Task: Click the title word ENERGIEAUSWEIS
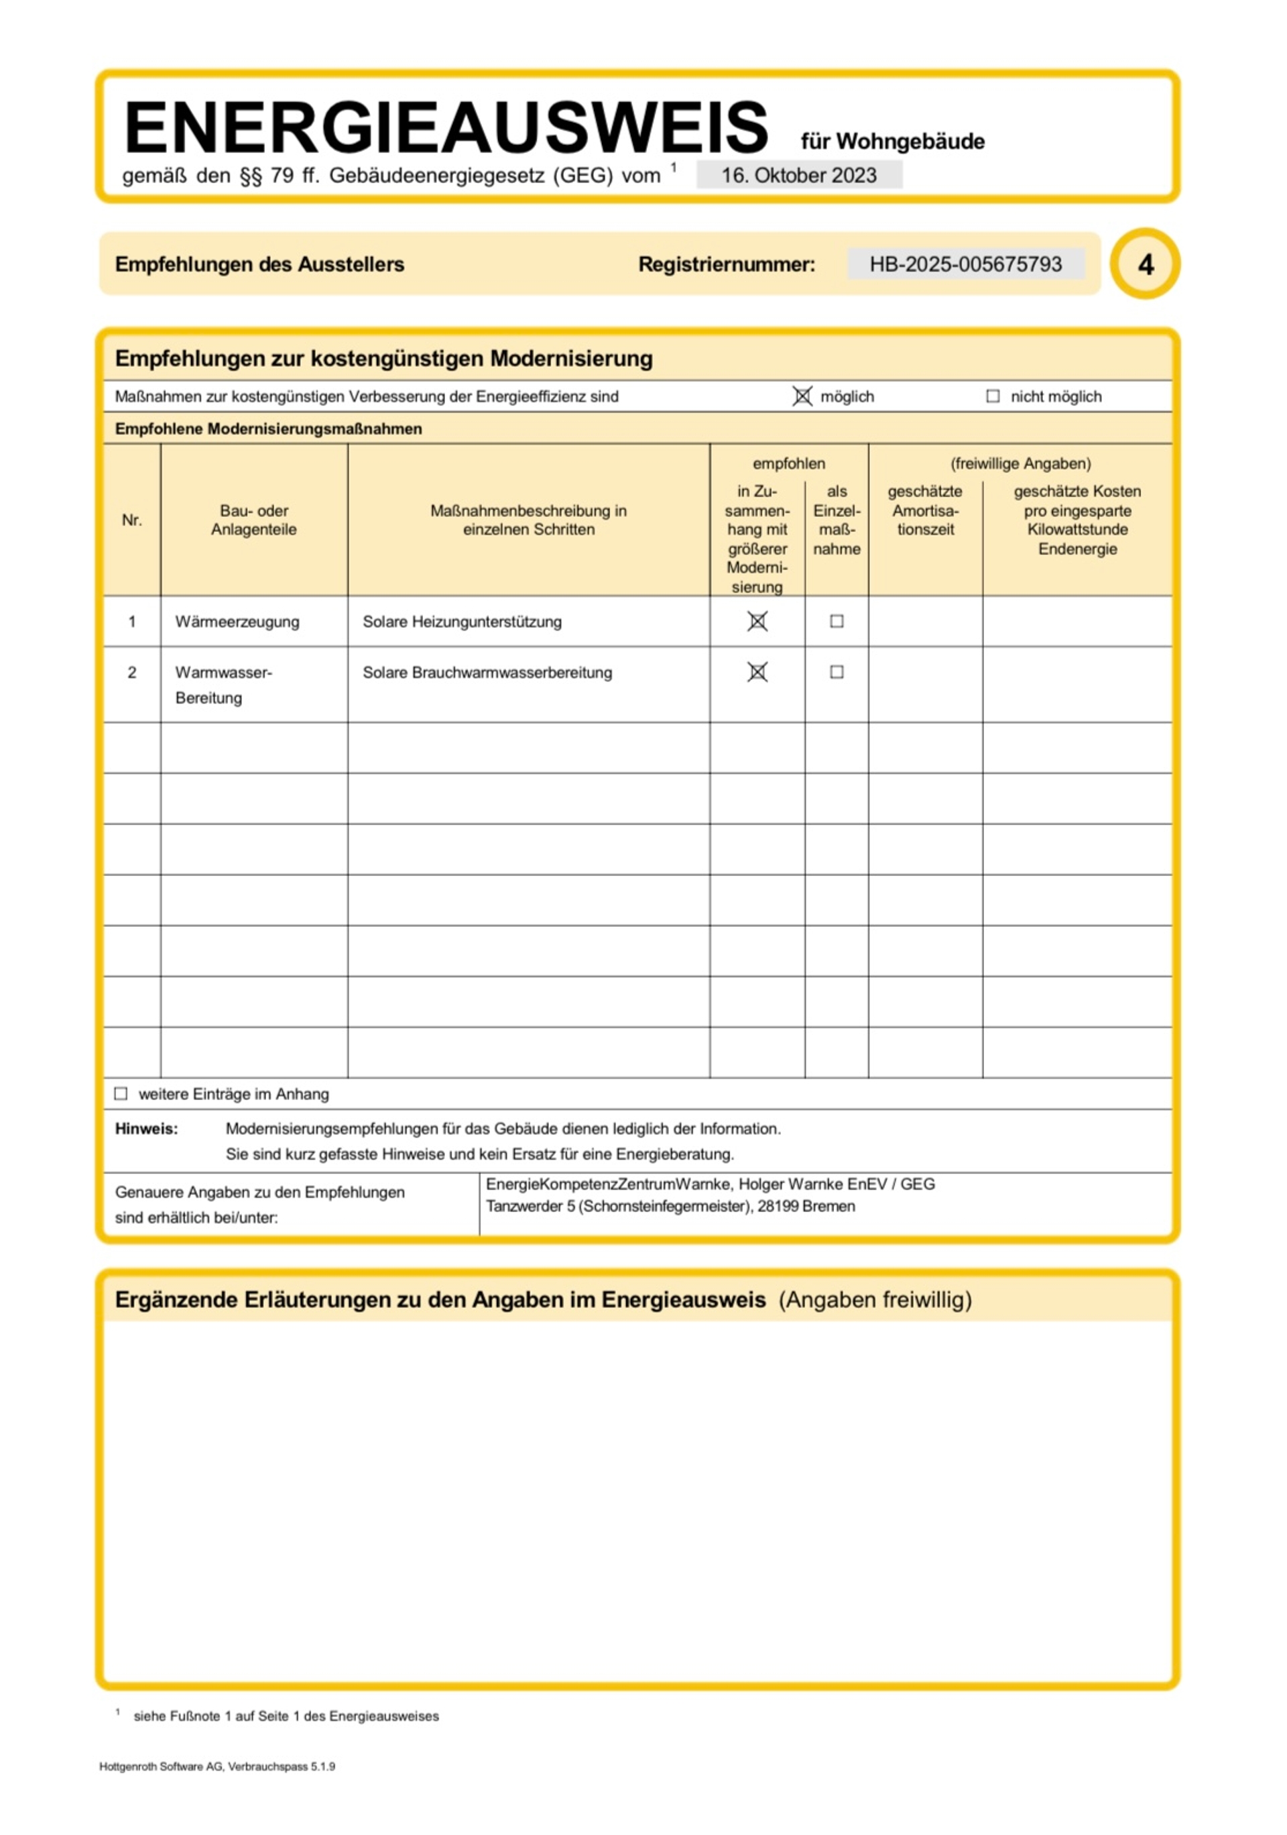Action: (x=445, y=128)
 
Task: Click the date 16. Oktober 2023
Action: (x=798, y=175)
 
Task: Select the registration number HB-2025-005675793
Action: (x=965, y=264)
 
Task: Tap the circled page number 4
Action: (x=1145, y=264)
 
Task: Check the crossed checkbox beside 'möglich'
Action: (x=802, y=396)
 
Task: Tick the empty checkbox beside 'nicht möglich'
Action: (x=992, y=396)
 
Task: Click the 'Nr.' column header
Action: (x=132, y=520)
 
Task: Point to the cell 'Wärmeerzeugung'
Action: (x=237, y=622)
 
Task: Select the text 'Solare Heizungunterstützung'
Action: (x=462, y=622)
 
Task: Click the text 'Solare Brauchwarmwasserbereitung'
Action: (x=487, y=673)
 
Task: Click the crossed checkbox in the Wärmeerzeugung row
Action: (x=757, y=622)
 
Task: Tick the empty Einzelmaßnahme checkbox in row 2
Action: (x=837, y=672)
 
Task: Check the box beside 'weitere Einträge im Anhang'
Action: (x=121, y=1093)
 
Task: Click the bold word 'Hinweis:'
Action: (x=146, y=1129)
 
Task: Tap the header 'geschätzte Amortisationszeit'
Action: (x=925, y=510)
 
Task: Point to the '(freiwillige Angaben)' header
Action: (x=1020, y=463)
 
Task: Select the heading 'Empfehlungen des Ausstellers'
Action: (x=259, y=264)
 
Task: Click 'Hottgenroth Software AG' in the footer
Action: (x=162, y=1767)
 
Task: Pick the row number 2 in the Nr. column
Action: (x=132, y=673)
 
